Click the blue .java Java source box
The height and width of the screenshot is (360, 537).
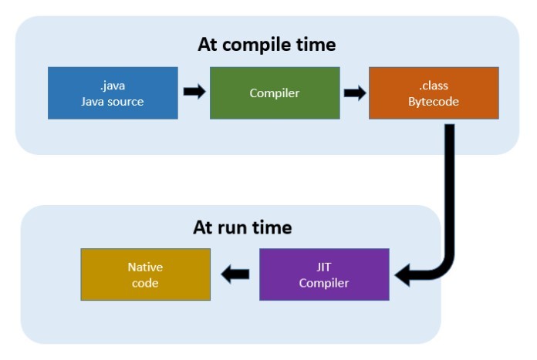tap(113, 93)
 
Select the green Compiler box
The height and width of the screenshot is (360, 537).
tap(275, 93)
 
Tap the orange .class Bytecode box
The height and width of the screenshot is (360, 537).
tap(433, 93)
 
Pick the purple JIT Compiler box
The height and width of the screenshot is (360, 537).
tap(325, 274)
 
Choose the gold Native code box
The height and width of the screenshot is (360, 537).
tap(145, 274)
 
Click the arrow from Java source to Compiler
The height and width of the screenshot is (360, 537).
tap(194, 92)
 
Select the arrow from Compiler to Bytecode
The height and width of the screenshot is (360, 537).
tap(355, 93)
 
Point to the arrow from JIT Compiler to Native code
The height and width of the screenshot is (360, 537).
tap(235, 273)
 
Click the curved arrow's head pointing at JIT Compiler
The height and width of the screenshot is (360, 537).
tap(403, 272)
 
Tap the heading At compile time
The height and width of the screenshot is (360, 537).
tap(267, 44)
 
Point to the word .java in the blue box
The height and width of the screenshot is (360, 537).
tap(113, 85)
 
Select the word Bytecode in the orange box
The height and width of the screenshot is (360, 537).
tap(433, 101)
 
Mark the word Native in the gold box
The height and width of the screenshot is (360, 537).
tap(145, 266)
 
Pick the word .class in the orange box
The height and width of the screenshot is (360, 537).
tap(433, 85)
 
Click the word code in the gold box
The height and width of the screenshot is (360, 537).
tap(145, 283)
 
